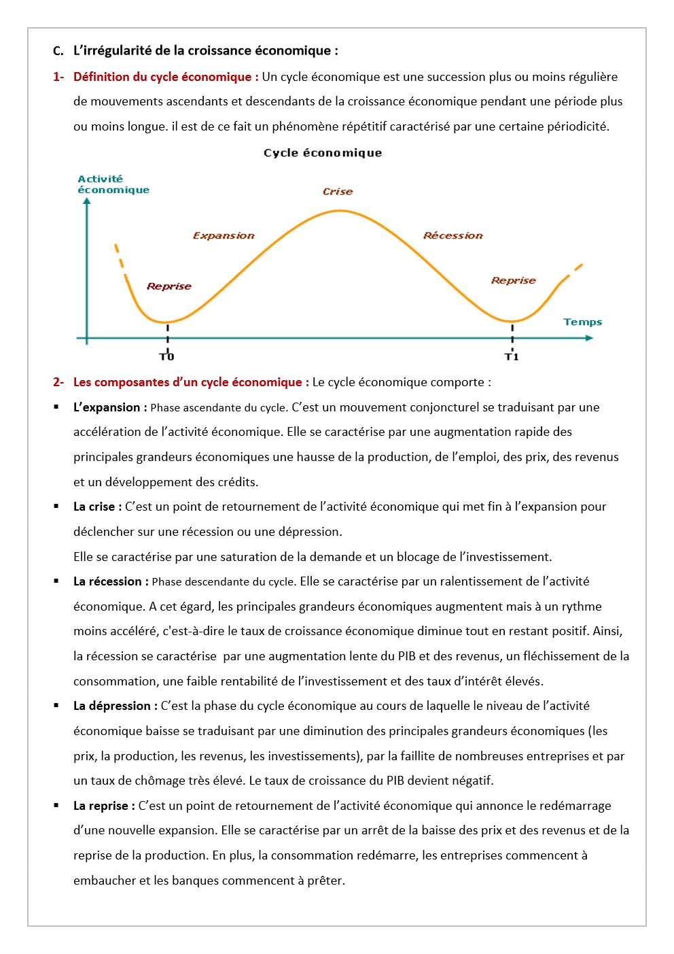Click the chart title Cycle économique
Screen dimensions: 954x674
323,153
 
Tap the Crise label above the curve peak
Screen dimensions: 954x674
338,192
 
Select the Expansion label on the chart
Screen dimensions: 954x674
224,236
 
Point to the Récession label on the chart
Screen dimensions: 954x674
453,236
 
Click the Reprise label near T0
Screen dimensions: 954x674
169,286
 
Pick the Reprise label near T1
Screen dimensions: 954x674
513,280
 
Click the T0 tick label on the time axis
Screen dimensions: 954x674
167,356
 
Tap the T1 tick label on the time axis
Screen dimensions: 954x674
512,356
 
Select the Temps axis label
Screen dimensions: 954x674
582,322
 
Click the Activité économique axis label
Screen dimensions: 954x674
113,184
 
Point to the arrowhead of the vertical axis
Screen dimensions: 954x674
87,201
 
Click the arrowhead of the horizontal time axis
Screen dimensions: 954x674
589,338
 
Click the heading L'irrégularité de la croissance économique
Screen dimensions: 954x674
205,51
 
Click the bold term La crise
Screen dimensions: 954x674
97,507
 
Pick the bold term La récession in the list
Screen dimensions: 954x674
111,581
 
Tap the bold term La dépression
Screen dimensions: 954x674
115,706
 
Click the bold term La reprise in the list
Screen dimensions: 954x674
104,806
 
